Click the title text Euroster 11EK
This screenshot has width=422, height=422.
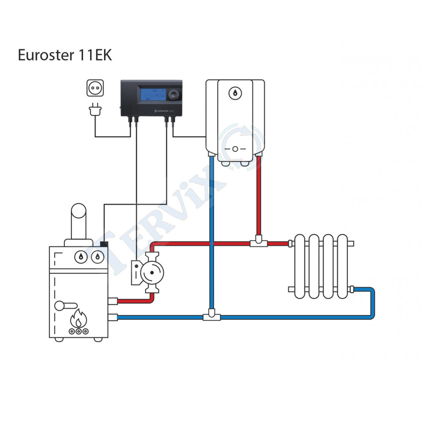(x=65, y=55)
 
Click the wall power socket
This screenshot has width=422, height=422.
(x=95, y=89)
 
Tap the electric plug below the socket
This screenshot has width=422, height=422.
(x=95, y=111)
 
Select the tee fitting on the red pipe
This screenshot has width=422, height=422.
(x=258, y=243)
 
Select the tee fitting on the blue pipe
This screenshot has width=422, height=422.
(x=211, y=316)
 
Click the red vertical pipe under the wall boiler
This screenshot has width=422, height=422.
(x=258, y=194)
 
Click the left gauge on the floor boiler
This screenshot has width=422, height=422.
(x=79, y=256)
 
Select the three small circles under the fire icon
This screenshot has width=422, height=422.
(x=78, y=332)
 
